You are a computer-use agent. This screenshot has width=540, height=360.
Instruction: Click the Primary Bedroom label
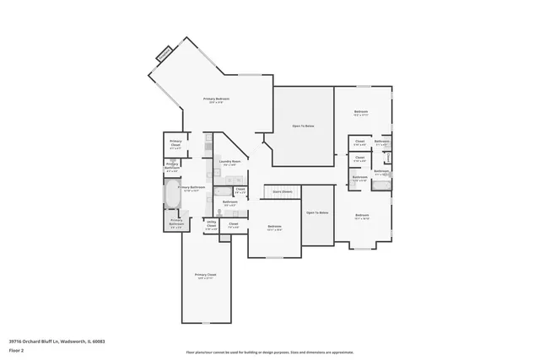(x=217, y=99)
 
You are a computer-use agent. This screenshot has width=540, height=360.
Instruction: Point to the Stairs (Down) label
(x=282, y=192)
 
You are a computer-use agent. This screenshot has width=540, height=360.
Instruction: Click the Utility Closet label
(x=213, y=225)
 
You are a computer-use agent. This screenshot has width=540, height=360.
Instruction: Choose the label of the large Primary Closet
(x=206, y=276)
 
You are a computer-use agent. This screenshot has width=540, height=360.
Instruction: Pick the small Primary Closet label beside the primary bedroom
(x=175, y=142)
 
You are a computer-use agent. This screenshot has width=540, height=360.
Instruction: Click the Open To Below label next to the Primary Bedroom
(x=303, y=126)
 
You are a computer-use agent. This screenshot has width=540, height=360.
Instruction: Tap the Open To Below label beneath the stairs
(x=317, y=212)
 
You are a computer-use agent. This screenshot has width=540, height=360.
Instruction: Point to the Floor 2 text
(x=16, y=349)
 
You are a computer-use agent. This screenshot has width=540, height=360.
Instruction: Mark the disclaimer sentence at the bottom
(x=270, y=352)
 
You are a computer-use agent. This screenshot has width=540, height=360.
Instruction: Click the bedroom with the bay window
(x=363, y=218)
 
